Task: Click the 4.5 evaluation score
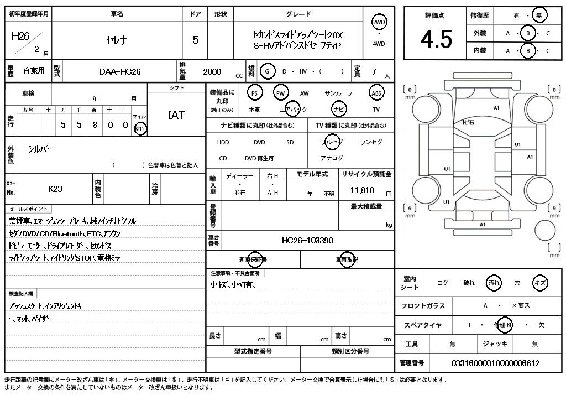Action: [x=436, y=39]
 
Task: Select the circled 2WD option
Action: [x=379, y=22]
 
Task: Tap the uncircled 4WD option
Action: [x=379, y=44]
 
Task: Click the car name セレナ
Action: [x=116, y=40]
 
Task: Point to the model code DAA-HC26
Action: [x=120, y=71]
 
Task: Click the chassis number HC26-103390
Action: [x=307, y=241]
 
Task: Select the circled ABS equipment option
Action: [x=376, y=93]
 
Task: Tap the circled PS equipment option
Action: [x=254, y=93]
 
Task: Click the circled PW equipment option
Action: [x=281, y=93]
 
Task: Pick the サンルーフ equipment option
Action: [x=338, y=93]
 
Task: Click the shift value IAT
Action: [x=176, y=116]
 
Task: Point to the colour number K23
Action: [x=55, y=189]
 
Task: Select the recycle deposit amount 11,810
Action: [x=363, y=190]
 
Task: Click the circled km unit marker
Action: [x=140, y=128]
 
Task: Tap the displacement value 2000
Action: [x=212, y=71]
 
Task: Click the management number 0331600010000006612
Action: [x=495, y=363]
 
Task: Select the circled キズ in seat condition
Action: [x=540, y=283]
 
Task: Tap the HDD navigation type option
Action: [x=223, y=142]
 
